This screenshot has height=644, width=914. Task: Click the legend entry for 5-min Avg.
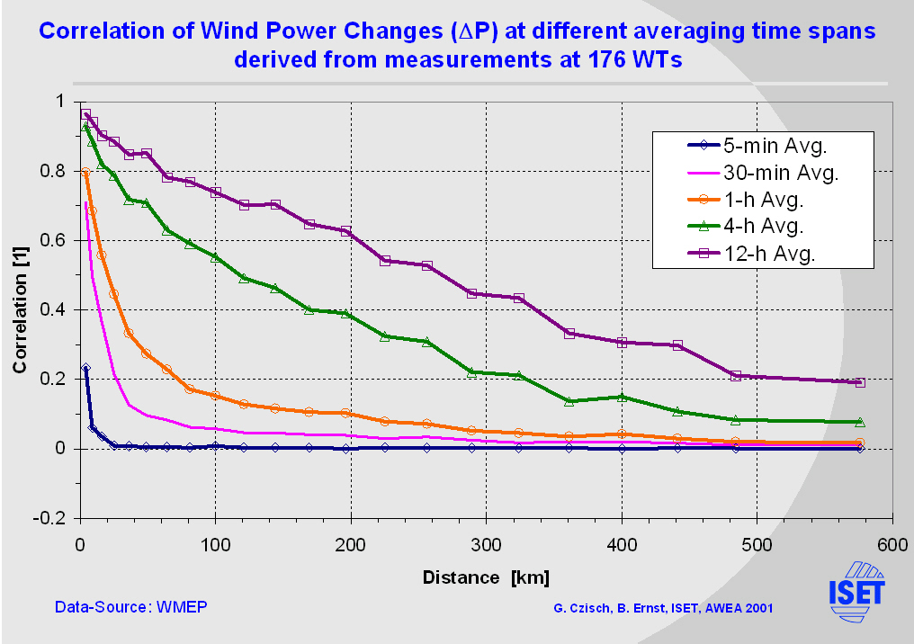click(775, 144)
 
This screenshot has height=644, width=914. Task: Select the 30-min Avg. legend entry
click(781, 172)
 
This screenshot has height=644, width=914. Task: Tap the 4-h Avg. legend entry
click(764, 227)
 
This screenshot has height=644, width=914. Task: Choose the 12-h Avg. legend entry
click(768, 254)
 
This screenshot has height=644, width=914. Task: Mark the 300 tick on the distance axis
click(486, 543)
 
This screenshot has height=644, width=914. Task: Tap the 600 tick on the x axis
click(892, 543)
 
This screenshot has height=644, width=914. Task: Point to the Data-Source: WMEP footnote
click(131, 607)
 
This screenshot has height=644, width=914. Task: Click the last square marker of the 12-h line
click(859, 382)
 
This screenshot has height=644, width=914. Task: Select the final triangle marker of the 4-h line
click(859, 422)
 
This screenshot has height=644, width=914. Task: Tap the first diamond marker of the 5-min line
click(85, 368)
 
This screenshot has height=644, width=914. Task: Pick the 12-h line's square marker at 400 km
click(622, 342)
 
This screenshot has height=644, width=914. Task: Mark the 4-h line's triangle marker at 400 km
click(622, 397)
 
